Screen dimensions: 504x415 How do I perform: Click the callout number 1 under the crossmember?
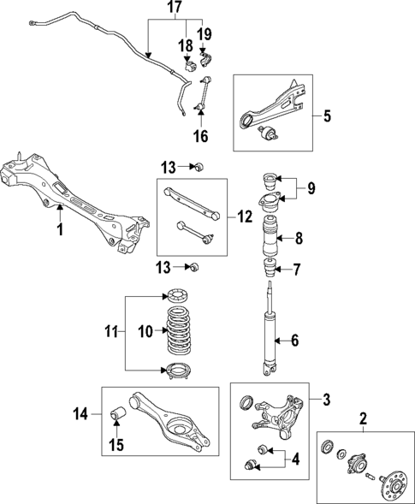point(59,230)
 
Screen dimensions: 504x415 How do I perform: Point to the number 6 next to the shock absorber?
point(295,341)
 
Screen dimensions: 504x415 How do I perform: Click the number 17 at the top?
point(174,9)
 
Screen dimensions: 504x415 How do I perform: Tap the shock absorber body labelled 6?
point(268,338)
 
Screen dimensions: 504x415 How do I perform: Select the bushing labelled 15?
point(119,417)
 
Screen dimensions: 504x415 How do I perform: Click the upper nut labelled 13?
point(196,164)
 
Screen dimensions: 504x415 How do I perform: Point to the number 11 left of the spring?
point(110,330)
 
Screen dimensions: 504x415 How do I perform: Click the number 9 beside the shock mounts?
point(311,187)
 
